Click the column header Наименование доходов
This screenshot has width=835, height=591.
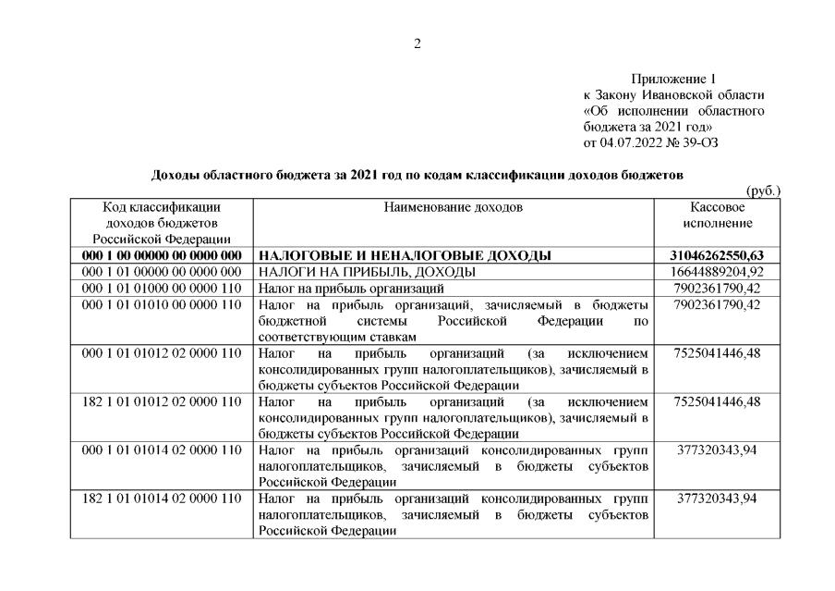tap(453, 207)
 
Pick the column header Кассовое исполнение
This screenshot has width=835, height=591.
tap(718, 215)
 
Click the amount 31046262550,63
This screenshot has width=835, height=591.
tap(718, 255)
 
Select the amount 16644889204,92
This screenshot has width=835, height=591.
tap(718, 272)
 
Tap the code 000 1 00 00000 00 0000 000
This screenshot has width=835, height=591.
tap(162, 255)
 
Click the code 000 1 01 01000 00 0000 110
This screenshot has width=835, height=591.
tap(162, 289)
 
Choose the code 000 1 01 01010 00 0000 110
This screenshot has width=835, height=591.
tap(162, 305)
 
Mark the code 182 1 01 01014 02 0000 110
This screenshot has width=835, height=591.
tap(162, 499)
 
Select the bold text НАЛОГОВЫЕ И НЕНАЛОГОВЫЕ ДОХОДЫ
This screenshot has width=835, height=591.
tap(405, 255)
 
